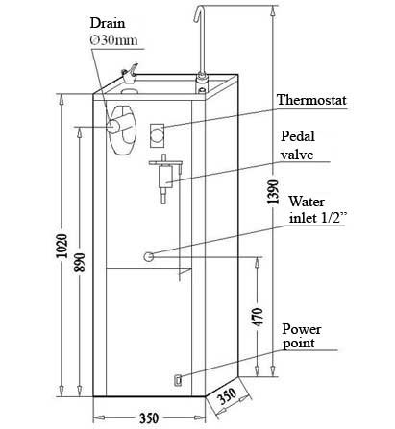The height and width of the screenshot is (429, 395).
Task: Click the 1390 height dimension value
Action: tap(273, 192)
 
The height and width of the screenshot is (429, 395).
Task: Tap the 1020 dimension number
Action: tap(62, 246)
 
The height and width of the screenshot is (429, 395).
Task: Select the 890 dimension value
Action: tap(80, 262)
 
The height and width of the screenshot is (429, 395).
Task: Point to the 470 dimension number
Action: tap(258, 317)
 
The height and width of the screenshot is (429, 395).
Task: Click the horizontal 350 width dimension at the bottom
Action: tap(149, 418)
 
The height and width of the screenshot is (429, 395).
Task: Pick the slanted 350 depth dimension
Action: tap(227, 395)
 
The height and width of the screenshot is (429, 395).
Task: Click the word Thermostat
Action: tap(311, 100)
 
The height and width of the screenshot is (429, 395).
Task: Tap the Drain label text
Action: tap(108, 23)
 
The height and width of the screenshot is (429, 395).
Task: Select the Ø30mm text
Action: tap(114, 40)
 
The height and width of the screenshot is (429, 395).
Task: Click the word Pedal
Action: tap(298, 136)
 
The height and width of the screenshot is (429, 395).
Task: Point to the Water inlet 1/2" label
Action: tap(317, 210)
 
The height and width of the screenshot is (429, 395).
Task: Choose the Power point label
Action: tap(301, 336)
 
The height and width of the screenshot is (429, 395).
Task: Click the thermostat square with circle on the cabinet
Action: tap(157, 135)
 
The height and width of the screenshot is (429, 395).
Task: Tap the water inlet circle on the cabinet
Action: tap(149, 256)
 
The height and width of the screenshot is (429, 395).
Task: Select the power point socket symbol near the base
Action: tap(178, 379)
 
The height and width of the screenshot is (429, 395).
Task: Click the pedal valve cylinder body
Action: tap(165, 176)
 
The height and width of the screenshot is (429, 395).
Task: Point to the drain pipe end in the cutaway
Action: tap(113, 127)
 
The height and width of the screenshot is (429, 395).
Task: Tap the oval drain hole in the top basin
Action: tap(130, 91)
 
